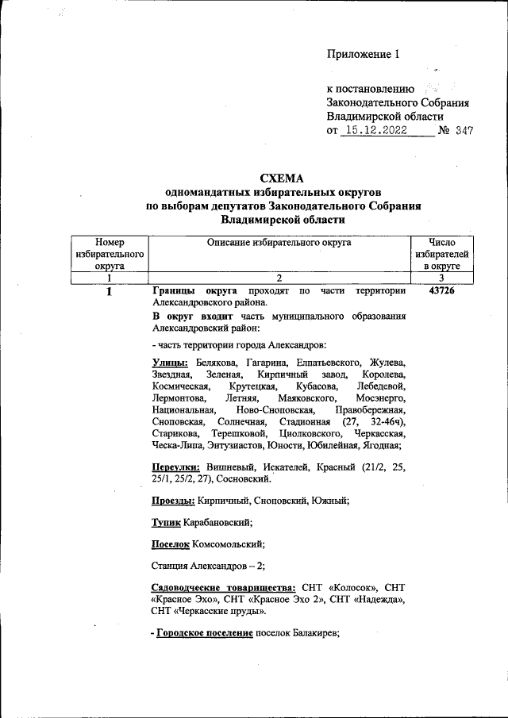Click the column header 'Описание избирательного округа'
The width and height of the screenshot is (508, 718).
279,244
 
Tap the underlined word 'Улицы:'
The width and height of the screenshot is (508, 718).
170,363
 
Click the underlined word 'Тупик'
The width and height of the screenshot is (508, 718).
165,522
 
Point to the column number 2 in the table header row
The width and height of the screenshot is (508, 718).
279,278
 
